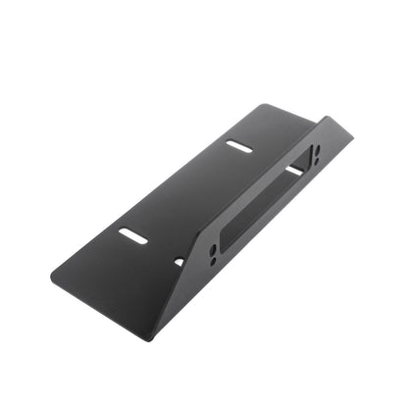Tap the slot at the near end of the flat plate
point(133,235)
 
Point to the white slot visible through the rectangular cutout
point(293,171)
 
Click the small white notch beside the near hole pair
point(178,261)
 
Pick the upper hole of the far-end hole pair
point(316,148)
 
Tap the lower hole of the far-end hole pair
point(315,159)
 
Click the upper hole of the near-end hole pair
point(214,249)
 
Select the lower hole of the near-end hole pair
point(213,261)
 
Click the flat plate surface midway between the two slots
point(186,191)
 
